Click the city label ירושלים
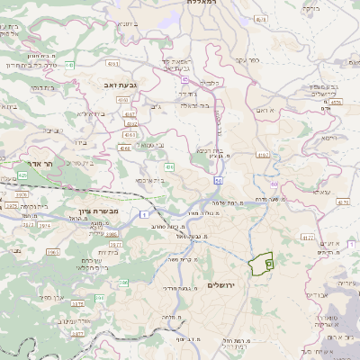coord(220,285)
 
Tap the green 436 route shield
coord(169,166)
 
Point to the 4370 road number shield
coord(336,103)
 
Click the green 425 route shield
coord(22,177)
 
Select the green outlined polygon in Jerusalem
coord(261,263)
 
